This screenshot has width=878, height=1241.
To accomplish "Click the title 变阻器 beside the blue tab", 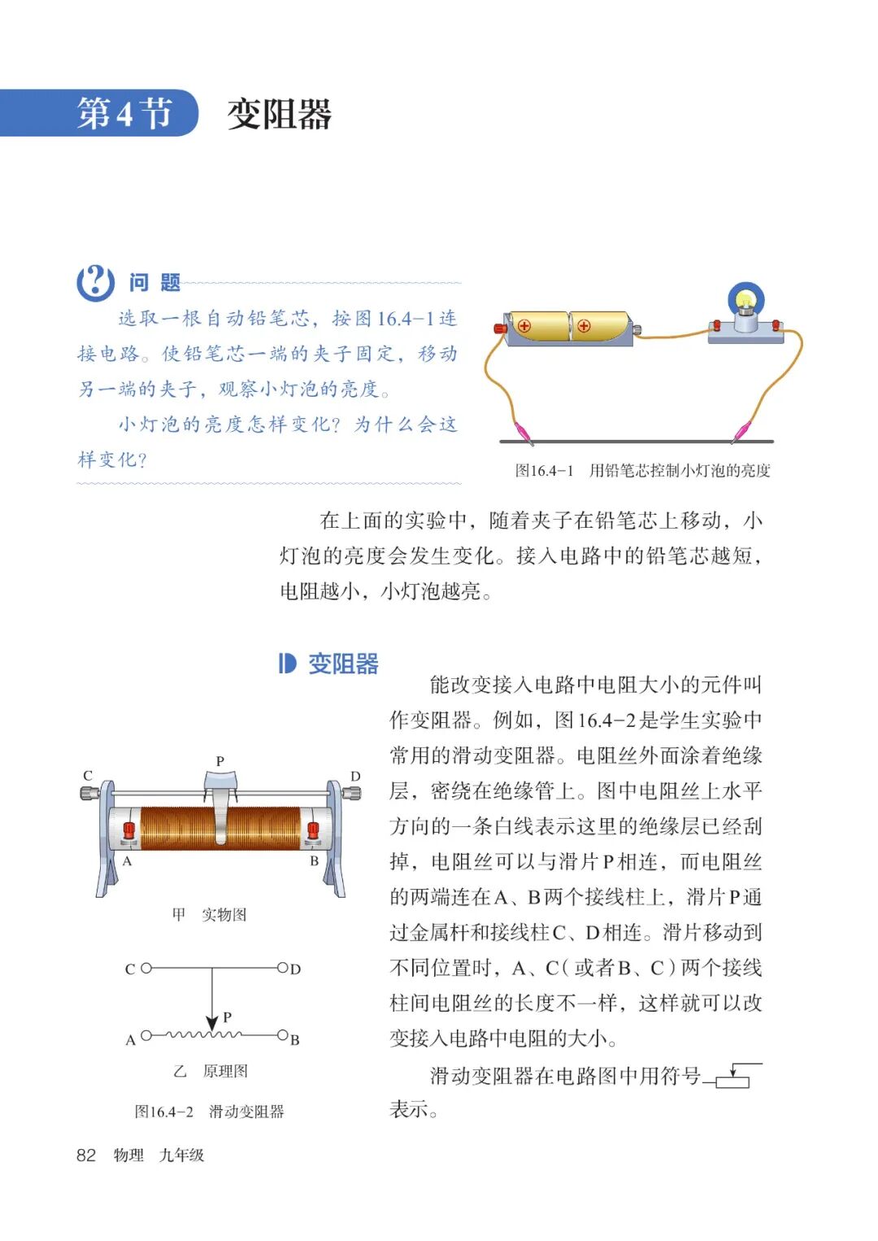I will [x=279, y=114].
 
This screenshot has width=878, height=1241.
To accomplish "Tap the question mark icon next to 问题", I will [x=95, y=282].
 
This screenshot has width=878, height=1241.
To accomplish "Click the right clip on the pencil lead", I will [x=741, y=430].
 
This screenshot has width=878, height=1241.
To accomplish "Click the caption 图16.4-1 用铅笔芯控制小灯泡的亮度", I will [x=642, y=470].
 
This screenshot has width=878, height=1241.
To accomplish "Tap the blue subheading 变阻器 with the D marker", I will [x=328, y=664].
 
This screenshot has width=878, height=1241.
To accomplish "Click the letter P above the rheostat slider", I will [x=219, y=761].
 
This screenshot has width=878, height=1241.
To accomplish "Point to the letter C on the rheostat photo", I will [x=88, y=776].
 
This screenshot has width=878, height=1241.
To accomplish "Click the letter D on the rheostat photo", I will [x=354, y=776].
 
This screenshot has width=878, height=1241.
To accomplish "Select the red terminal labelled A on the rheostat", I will [x=128, y=831].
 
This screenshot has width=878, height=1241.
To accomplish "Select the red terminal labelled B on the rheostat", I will [x=313, y=831].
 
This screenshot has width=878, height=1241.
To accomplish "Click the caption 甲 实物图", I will [x=209, y=915].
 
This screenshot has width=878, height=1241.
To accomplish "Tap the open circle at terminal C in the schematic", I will [x=146, y=969].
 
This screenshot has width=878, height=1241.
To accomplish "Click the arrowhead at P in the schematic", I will [x=212, y=1023].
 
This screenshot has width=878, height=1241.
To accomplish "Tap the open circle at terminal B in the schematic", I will [x=282, y=1035].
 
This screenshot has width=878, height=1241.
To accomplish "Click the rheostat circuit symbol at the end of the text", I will [x=734, y=1076].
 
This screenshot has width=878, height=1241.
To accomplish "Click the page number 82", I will [x=86, y=1155].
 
